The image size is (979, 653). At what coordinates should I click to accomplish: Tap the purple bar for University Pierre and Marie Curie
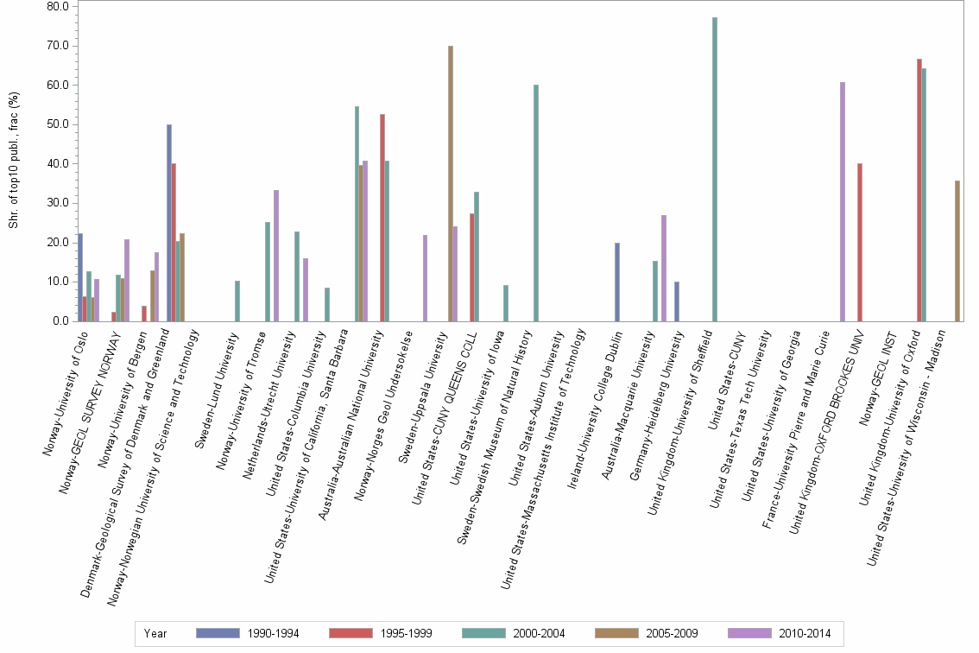tap(843, 202)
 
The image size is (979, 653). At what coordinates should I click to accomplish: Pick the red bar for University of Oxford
tap(919, 190)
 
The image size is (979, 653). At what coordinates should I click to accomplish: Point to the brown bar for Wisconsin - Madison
tap(957, 250)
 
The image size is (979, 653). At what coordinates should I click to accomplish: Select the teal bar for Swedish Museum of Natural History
tap(536, 203)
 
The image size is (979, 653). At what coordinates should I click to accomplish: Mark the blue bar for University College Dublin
tap(617, 282)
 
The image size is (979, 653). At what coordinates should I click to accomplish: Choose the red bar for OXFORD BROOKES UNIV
tap(860, 242)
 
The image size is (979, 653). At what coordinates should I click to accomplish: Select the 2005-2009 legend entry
tap(647, 633)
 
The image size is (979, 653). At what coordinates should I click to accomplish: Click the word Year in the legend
tap(155, 633)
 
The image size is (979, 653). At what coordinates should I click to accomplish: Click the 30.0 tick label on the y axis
tap(57, 203)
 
